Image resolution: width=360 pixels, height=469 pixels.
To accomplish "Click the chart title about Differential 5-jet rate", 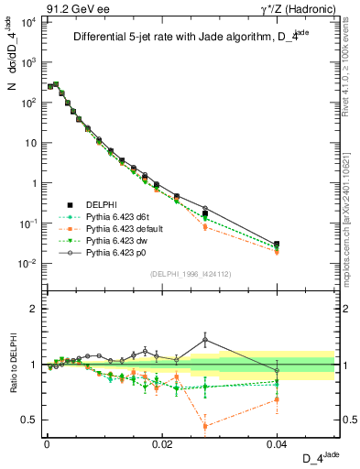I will [x=191, y=38].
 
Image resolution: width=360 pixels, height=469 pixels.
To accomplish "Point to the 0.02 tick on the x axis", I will [x=161, y=442].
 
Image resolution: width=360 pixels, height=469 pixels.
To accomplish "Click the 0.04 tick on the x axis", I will [x=278, y=442].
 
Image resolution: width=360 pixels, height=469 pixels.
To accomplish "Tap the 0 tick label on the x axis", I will [x=46, y=442].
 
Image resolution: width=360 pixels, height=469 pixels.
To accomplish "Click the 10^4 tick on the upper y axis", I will [x=29, y=22].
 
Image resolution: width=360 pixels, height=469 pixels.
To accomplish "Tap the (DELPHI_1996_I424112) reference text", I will [x=191, y=272].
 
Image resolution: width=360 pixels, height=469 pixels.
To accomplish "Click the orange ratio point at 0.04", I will [x=278, y=399].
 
